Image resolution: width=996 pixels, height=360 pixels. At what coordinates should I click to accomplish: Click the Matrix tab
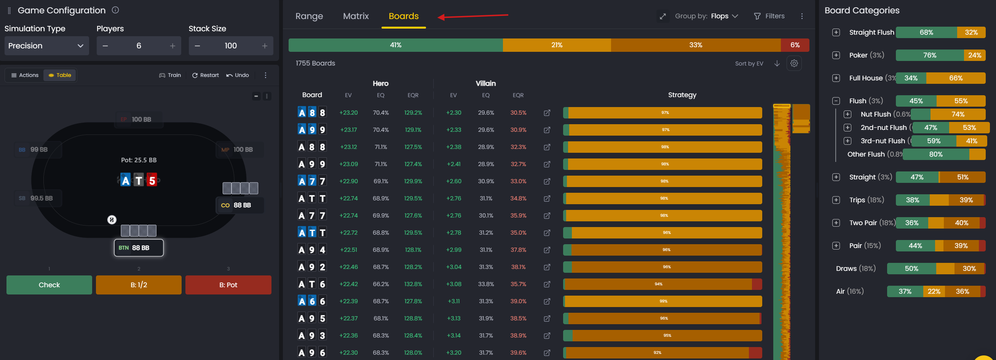tap(355, 16)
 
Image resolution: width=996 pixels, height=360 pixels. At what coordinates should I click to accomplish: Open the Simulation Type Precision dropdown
tap(46, 46)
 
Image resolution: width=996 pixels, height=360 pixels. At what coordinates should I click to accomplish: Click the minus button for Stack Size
tap(197, 46)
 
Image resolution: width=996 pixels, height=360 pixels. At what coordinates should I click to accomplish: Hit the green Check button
tap(49, 285)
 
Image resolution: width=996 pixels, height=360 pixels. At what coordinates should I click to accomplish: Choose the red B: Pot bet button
tap(228, 285)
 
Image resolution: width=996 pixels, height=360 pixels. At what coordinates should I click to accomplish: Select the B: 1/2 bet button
tap(139, 285)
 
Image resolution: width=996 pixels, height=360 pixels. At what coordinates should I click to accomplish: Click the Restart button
tap(205, 75)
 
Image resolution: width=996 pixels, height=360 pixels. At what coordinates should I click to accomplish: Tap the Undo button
tap(238, 75)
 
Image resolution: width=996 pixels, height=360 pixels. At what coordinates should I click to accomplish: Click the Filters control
tap(769, 16)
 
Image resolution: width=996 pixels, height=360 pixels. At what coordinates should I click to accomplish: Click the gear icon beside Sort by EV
tap(794, 63)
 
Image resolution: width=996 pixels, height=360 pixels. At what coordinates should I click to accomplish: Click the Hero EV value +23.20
tap(348, 112)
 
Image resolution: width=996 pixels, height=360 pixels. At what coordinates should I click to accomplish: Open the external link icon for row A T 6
tap(547, 284)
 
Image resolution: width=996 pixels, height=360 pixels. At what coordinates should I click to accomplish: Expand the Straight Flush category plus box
tap(836, 32)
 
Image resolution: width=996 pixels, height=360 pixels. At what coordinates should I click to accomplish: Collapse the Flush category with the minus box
tap(836, 101)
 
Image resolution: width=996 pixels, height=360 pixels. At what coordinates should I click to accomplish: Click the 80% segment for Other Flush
tap(935, 154)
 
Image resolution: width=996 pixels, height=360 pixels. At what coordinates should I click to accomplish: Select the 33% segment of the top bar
tap(695, 45)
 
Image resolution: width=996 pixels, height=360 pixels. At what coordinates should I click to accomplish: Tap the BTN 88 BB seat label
tap(139, 248)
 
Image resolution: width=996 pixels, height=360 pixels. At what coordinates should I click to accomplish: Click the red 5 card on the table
tap(152, 180)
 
